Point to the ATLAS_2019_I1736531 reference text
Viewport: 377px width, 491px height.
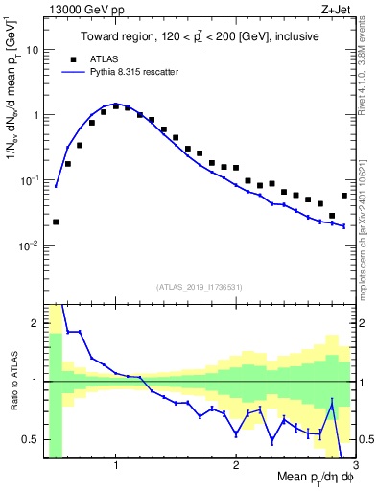point(200,287)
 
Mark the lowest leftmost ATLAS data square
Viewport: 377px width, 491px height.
point(56,222)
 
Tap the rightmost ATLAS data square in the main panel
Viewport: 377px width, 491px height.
point(344,196)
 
